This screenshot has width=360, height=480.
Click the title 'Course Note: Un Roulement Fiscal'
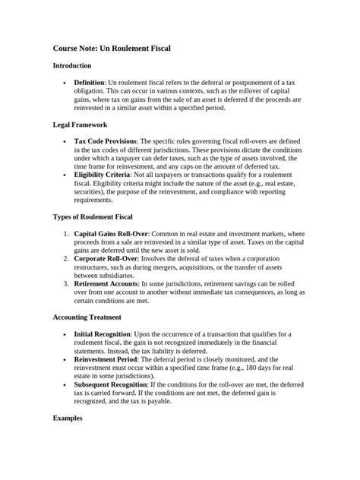pos(112,48)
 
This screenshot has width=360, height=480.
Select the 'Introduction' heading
pos(72,66)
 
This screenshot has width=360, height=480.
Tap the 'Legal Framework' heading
pos(80,125)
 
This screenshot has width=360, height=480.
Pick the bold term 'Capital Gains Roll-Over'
pos(111,234)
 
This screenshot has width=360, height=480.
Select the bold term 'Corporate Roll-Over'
pos(105,258)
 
